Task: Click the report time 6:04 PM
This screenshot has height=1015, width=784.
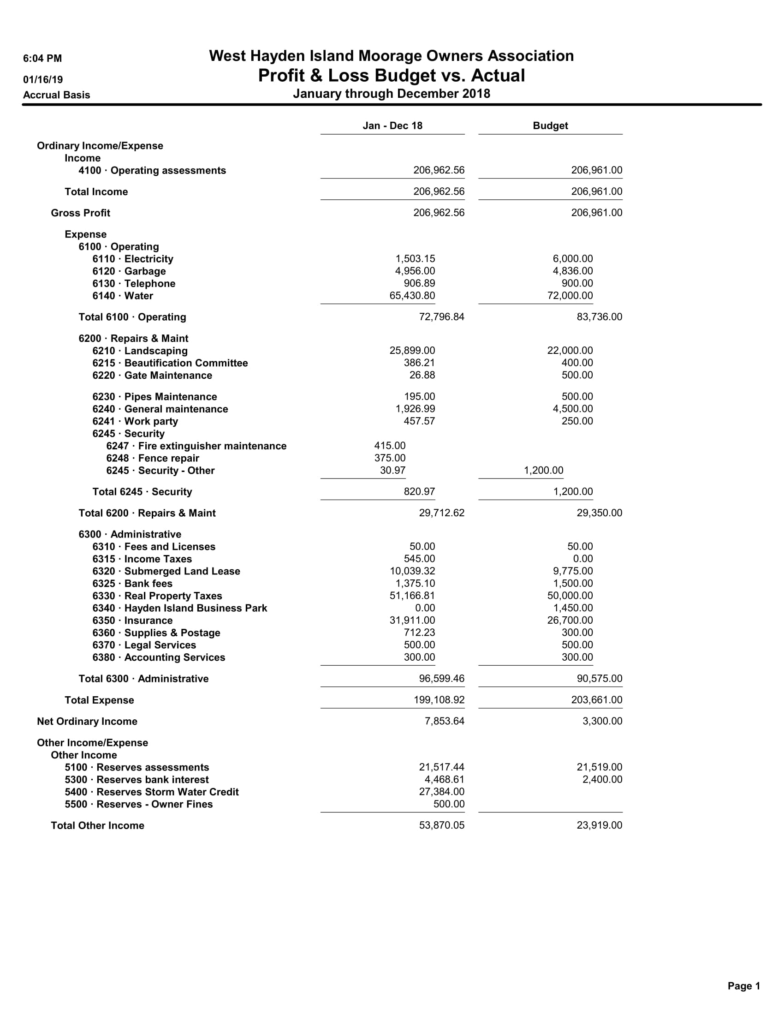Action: [x=42, y=59]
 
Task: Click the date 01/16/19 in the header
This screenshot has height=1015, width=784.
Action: [x=43, y=79]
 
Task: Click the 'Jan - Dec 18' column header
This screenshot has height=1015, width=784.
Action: [x=392, y=126]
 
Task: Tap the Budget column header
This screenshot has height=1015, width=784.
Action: [x=550, y=126]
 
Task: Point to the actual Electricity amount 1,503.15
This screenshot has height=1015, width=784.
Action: [x=415, y=259]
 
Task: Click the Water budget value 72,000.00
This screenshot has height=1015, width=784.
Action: [x=570, y=296]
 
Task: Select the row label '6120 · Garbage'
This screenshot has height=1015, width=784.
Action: [x=129, y=271]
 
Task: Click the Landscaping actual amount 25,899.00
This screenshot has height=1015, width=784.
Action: [x=412, y=351]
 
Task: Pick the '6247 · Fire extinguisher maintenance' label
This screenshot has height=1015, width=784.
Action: [x=196, y=446]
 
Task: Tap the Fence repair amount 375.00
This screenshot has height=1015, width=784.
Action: [x=390, y=458]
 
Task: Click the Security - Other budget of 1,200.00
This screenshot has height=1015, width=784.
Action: [x=543, y=470]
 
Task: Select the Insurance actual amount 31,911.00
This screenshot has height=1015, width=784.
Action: [x=412, y=621]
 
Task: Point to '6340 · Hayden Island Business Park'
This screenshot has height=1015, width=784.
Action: [x=180, y=609]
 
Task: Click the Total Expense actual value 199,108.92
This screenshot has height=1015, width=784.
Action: [x=439, y=700]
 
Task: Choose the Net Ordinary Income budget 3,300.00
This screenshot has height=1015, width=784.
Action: [x=602, y=721]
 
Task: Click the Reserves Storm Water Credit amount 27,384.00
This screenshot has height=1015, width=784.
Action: [x=441, y=792]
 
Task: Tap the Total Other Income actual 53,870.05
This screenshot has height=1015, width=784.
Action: [x=441, y=825]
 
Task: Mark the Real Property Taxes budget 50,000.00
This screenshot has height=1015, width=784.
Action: [x=570, y=596]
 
